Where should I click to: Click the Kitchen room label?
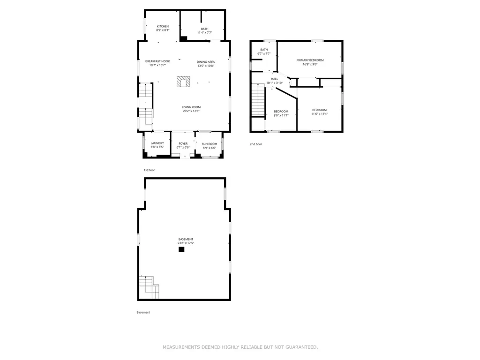(x=163, y=26)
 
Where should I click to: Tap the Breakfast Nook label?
(x=157, y=61)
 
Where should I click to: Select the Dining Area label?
(x=206, y=62)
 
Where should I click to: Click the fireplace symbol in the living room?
(x=183, y=82)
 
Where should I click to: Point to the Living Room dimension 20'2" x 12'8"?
(x=191, y=111)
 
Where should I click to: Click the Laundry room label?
(x=157, y=143)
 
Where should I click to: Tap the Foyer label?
(x=183, y=143)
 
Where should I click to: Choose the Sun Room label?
(x=210, y=144)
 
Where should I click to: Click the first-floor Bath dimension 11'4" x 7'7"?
(x=205, y=33)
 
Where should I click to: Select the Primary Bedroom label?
(x=310, y=60)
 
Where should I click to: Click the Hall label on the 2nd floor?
(x=275, y=79)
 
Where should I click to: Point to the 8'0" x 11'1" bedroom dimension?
(x=281, y=115)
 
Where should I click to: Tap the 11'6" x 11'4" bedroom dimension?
(x=320, y=114)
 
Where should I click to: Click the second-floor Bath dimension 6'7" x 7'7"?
(x=264, y=53)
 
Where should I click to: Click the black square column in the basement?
(x=181, y=249)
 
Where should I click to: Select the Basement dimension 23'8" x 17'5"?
(x=186, y=243)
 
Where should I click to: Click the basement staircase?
(x=149, y=287)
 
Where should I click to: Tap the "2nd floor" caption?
(x=256, y=144)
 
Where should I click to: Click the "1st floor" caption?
(x=150, y=170)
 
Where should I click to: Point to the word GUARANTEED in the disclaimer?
(x=302, y=347)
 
